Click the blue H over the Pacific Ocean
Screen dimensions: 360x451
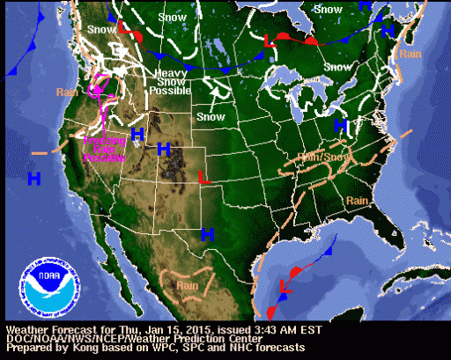[x=33, y=179]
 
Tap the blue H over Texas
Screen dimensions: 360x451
[x=208, y=233]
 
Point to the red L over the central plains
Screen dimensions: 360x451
[x=203, y=177]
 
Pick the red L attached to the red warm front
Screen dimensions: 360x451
[x=271, y=39]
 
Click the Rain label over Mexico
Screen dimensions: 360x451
[x=187, y=283]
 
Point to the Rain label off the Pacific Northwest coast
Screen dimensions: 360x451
[x=67, y=92]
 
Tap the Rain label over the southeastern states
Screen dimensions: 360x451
[x=356, y=202]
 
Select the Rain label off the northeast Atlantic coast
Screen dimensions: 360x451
[x=410, y=54]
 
